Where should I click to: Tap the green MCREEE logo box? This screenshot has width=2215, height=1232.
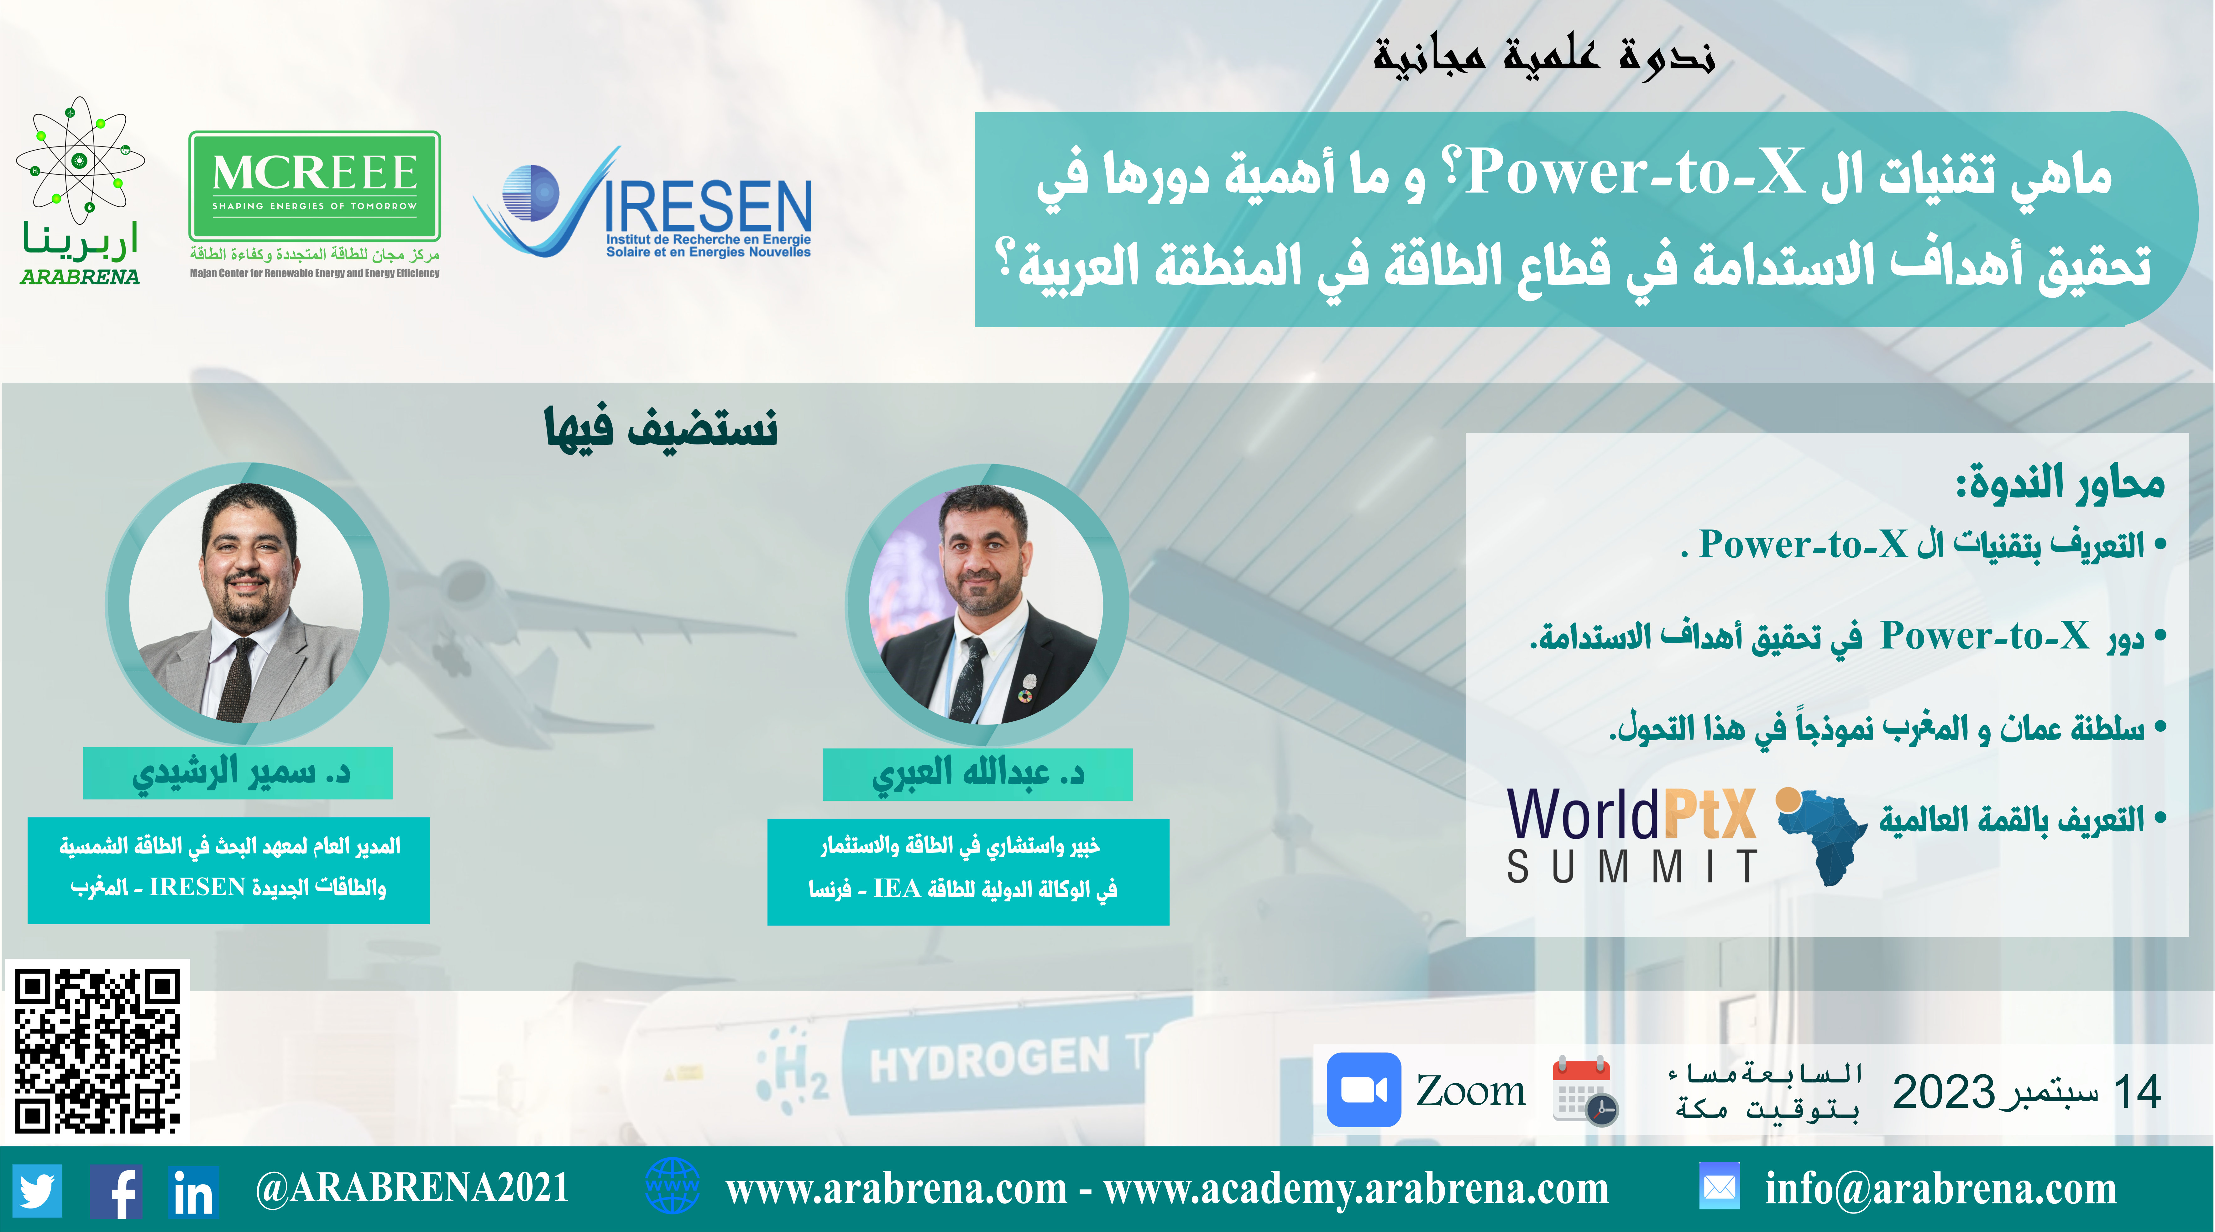pyautogui.click(x=315, y=186)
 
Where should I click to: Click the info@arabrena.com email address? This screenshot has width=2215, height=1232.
pyautogui.click(x=1941, y=1189)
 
